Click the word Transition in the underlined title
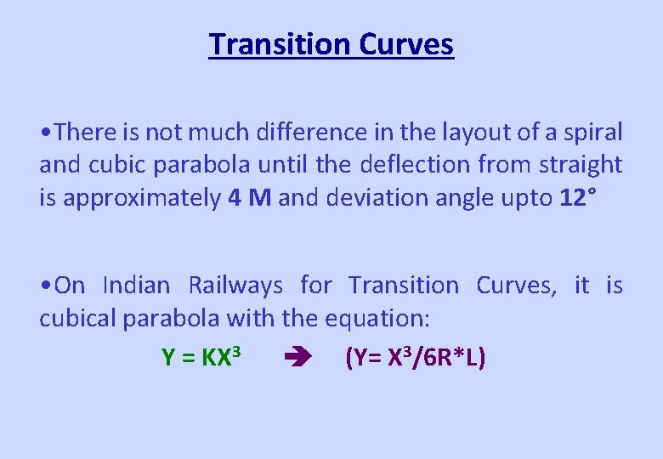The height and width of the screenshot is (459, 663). click(278, 44)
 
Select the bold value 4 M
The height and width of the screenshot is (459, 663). click(250, 198)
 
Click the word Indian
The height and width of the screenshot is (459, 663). click(136, 286)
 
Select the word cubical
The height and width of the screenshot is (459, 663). click(77, 319)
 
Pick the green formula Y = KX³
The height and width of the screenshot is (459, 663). click(204, 358)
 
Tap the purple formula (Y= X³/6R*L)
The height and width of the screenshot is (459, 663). click(416, 358)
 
